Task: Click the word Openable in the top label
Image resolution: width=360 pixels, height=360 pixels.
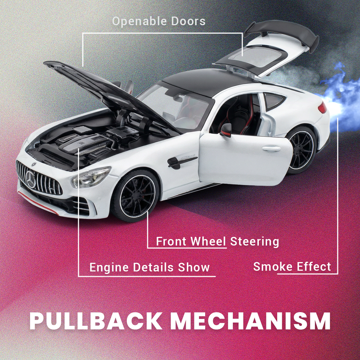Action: pos(139,21)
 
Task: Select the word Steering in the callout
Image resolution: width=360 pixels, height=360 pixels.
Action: pos(255,242)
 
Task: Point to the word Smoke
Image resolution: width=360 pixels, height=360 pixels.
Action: pos(273,266)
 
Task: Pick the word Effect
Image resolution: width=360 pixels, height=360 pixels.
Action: pos(314,266)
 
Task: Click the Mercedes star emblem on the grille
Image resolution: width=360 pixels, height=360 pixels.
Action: pos(31,179)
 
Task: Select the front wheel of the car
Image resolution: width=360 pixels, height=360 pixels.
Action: pos(135,196)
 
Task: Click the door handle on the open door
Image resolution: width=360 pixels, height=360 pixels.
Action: pos(271,149)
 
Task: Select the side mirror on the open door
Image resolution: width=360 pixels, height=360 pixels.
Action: pos(226,130)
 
